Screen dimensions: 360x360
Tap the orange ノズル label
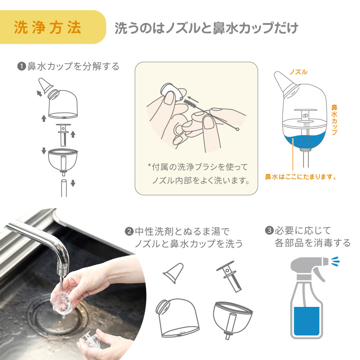pyautogui.click(x=298, y=72)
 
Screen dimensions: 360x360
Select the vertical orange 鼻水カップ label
pyautogui.click(x=334, y=120)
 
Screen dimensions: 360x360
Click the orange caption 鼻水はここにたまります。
pyautogui.click(x=301, y=177)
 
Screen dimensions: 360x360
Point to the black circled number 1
pyautogui.click(x=22, y=66)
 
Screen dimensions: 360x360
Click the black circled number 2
pyautogui.click(x=129, y=231)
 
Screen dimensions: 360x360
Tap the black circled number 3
pyautogui.click(x=269, y=230)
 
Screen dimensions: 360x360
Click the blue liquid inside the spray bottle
pyautogui.click(x=307, y=321)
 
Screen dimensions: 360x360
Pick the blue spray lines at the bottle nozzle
pyautogui.click(x=335, y=261)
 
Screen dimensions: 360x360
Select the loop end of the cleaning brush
pyautogui.click(x=237, y=129)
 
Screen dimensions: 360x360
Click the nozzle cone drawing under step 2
pyautogui.click(x=173, y=273)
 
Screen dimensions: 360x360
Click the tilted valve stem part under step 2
pyautogui.click(x=229, y=276)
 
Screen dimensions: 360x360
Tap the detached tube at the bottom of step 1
pyautogui.click(x=64, y=188)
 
